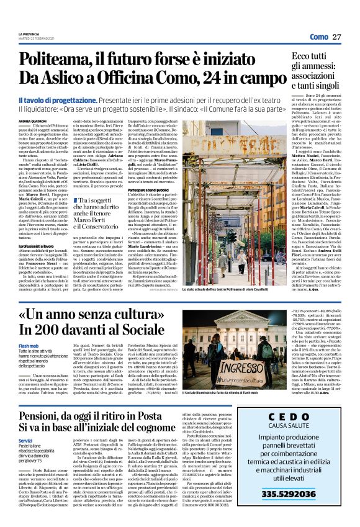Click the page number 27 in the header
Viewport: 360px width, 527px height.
pyautogui.click(x=336, y=37)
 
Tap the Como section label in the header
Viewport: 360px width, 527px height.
pyautogui.click(x=318, y=37)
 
